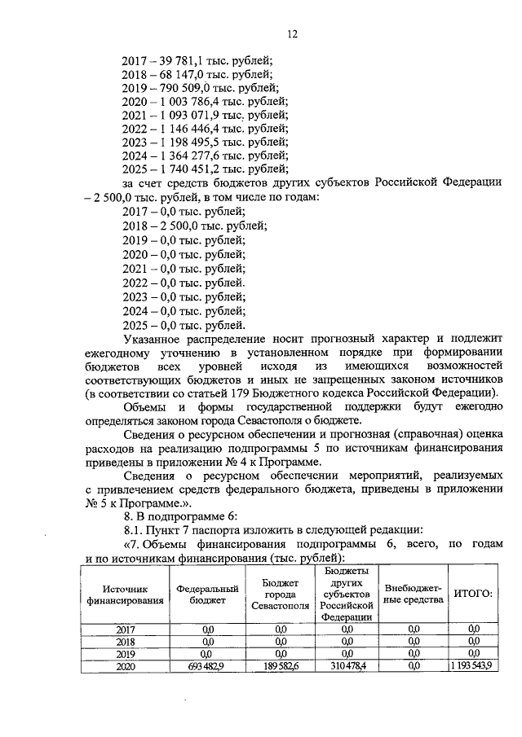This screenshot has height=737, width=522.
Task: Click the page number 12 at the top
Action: click(293, 33)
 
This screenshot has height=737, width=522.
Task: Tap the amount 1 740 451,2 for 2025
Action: click(188, 169)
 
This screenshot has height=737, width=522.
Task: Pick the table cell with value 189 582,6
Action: click(281, 665)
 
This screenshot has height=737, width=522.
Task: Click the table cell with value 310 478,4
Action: click(346, 665)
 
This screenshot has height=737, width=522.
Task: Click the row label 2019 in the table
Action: click(125, 653)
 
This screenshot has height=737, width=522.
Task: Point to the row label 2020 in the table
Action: click(125, 665)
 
